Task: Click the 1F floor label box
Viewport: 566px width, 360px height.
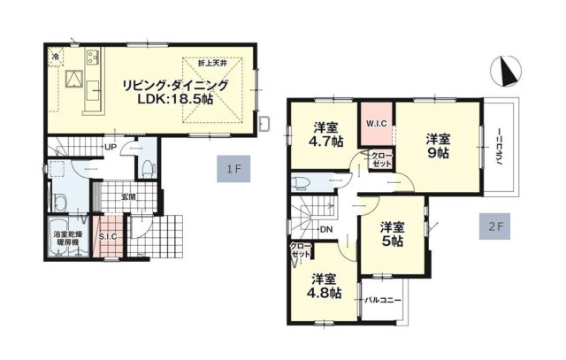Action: pyautogui.click(x=233, y=169)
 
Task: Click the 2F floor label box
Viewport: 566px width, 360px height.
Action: pyautogui.click(x=495, y=226)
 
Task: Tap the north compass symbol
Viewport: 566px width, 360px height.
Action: pyautogui.click(x=506, y=72)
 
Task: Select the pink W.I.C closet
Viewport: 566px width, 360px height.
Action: pyautogui.click(x=376, y=124)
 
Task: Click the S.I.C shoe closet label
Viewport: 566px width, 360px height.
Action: pyautogui.click(x=108, y=237)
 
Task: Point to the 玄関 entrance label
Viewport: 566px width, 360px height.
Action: pyautogui.click(x=128, y=196)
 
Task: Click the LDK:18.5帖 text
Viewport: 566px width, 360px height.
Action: pyautogui.click(x=175, y=98)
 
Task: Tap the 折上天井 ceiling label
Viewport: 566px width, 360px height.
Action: pyautogui.click(x=212, y=64)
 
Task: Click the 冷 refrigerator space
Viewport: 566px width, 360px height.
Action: pyautogui.click(x=56, y=57)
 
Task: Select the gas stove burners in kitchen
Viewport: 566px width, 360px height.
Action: pyautogui.click(x=93, y=57)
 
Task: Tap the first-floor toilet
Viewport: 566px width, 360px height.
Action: pyautogui.click(x=148, y=167)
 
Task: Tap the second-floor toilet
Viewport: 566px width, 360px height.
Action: pyautogui.click(x=301, y=183)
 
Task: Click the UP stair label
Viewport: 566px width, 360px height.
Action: pyautogui.click(x=110, y=148)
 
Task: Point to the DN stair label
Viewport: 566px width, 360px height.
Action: pyautogui.click(x=326, y=230)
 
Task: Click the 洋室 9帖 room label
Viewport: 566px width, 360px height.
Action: pyautogui.click(x=438, y=146)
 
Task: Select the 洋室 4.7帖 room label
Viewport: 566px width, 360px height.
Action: pyautogui.click(x=325, y=134)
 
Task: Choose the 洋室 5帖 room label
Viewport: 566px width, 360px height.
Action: pyautogui.click(x=393, y=234)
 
